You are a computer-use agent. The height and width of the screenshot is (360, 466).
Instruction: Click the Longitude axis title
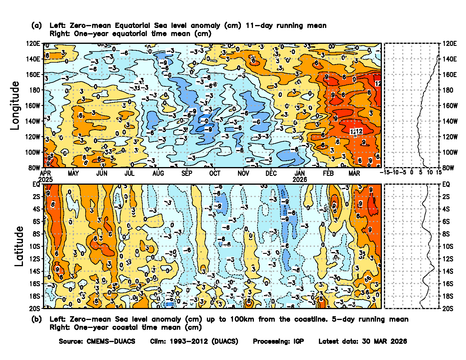(15, 105)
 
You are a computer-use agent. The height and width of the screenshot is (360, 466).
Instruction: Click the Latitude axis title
(19, 246)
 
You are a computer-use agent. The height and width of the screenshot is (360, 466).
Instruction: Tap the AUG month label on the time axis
(158, 173)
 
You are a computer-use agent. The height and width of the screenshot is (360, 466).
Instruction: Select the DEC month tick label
(271, 173)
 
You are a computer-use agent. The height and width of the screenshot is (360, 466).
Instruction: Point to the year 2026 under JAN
(299, 179)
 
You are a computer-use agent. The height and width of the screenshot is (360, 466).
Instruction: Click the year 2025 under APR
(46, 179)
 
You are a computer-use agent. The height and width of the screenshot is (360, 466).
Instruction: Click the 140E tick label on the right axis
(450, 59)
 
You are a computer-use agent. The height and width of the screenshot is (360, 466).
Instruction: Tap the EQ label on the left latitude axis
(36, 184)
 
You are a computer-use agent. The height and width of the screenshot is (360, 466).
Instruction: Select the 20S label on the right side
(448, 309)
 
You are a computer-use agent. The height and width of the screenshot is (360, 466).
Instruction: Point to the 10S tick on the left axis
(34, 246)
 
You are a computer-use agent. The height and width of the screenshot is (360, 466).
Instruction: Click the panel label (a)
(36, 26)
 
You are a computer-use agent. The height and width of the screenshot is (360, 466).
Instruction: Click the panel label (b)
(36, 319)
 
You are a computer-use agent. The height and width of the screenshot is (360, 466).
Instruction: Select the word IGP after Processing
(299, 341)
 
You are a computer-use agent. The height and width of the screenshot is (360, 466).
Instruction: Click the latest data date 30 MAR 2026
(385, 341)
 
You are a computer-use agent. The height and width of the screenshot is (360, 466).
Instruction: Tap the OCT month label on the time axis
(214, 173)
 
